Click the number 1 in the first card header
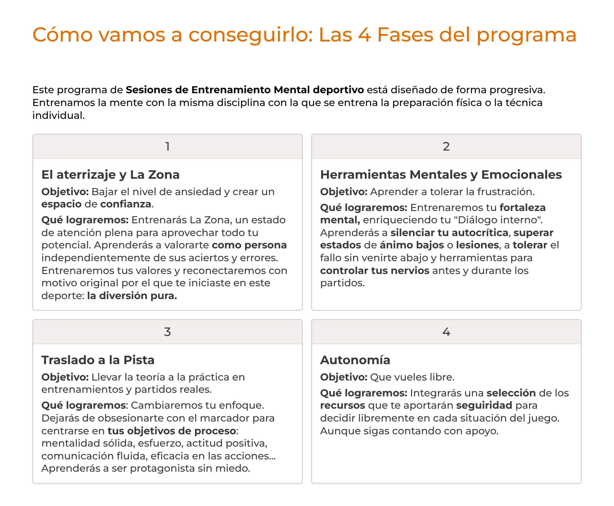(x=168, y=146)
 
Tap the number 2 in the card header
(x=446, y=146)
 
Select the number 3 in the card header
(x=167, y=332)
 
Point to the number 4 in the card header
(x=446, y=332)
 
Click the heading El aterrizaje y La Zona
(x=110, y=175)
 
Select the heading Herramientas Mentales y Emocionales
(x=441, y=175)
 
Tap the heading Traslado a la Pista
(x=98, y=360)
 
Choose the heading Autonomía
(x=355, y=360)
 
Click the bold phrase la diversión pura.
(x=132, y=296)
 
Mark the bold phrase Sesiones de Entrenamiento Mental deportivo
(x=245, y=90)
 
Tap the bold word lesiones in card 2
(x=477, y=245)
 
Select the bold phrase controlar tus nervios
(x=375, y=270)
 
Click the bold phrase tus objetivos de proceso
(x=172, y=431)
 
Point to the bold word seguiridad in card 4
(x=484, y=405)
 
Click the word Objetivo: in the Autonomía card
(x=344, y=377)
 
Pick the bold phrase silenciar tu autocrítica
(x=449, y=233)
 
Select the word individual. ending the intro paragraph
(x=58, y=115)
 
